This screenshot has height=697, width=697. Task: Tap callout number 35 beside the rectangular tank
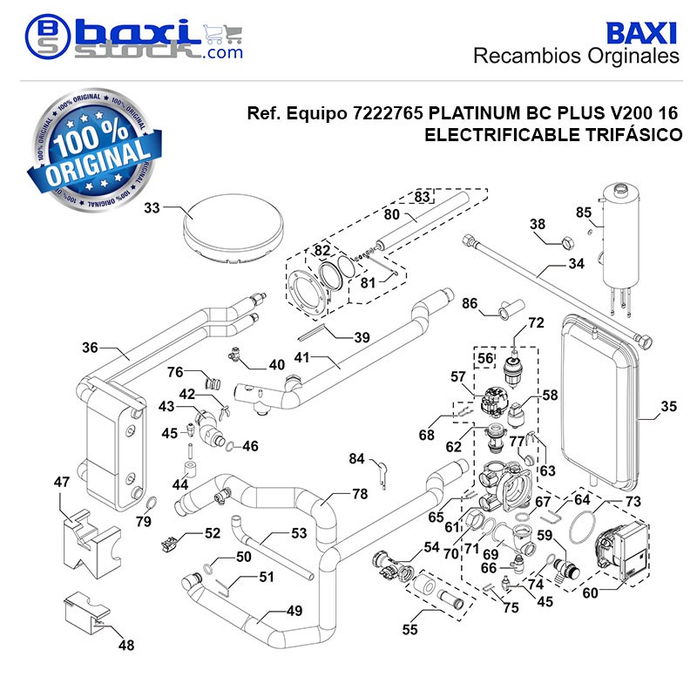[668, 406]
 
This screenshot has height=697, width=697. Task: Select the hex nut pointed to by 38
[567, 243]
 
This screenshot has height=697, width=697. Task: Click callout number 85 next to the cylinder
[584, 213]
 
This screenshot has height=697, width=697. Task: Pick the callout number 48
[126, 645]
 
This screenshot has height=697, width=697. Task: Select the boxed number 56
[485, 358]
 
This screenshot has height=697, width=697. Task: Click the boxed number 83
[422, 197]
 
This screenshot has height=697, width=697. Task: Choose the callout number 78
[360, 494]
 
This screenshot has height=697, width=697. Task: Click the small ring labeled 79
[151, 503]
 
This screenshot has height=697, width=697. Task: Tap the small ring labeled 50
[208, 567]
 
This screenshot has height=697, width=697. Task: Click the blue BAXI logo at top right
[641, 33]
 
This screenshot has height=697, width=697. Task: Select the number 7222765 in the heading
[388, 113]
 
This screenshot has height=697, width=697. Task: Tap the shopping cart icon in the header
[224, 34]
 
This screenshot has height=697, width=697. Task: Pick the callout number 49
[294, 611]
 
